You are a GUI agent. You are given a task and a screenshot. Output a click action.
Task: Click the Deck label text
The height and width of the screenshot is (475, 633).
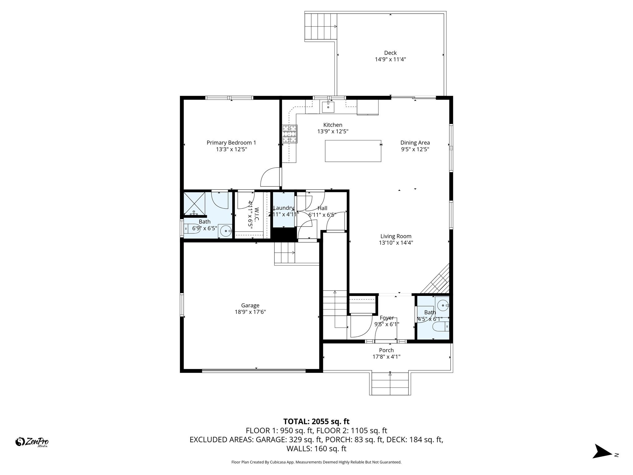click(390, 53)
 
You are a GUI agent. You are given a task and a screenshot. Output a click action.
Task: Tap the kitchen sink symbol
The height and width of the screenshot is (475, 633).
click(328, 107)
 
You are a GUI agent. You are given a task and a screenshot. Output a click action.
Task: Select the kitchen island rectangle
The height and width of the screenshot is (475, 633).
click(353, 151)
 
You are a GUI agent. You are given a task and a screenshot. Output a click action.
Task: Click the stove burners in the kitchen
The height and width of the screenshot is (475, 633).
click(290, 134)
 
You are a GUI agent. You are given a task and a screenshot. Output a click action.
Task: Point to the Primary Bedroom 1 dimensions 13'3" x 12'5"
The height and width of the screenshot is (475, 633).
click(231, 149)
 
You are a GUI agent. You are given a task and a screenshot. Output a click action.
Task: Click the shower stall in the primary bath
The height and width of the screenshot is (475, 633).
click(194, 203)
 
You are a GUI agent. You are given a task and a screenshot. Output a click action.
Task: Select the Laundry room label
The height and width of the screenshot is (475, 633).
click(283, 208)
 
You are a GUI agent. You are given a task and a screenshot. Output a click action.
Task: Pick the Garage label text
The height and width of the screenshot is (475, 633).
click(250, 305)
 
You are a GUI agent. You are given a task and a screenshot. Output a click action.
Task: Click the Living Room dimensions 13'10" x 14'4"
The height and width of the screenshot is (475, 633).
click(396, 243)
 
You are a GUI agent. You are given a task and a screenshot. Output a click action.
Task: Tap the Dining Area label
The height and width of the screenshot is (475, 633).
click(415, 143)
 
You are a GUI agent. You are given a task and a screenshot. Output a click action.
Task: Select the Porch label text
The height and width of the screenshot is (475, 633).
click(386, 350)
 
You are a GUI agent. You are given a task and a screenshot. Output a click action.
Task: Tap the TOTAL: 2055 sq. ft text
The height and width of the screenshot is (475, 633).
click(316, 422)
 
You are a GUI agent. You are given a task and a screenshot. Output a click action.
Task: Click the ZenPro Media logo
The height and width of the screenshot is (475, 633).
click(32, 442)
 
